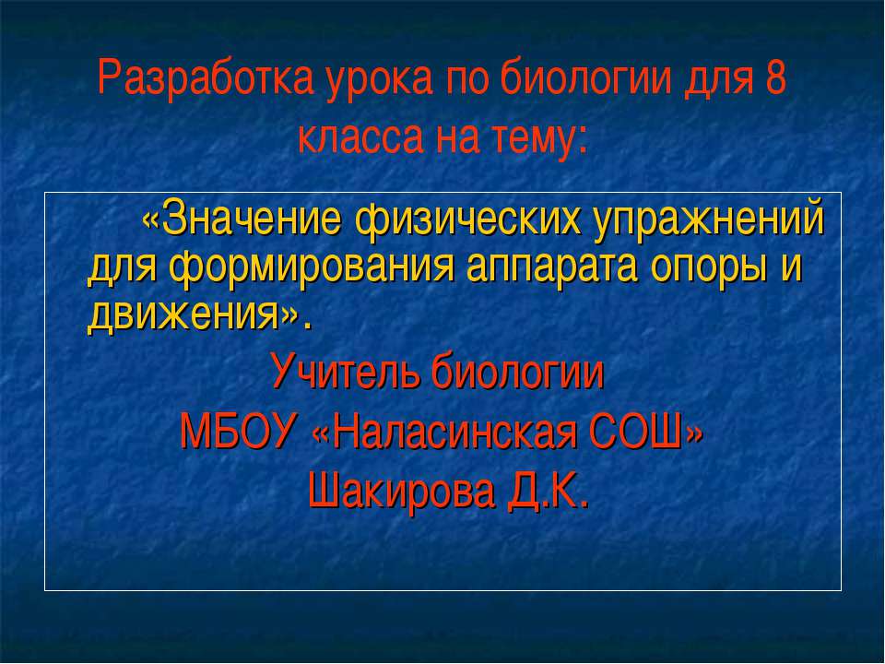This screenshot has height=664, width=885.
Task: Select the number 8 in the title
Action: pyautogui.click(x=776, y=82)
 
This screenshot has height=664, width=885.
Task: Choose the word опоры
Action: pyautogui.click(x=709, y=269)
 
